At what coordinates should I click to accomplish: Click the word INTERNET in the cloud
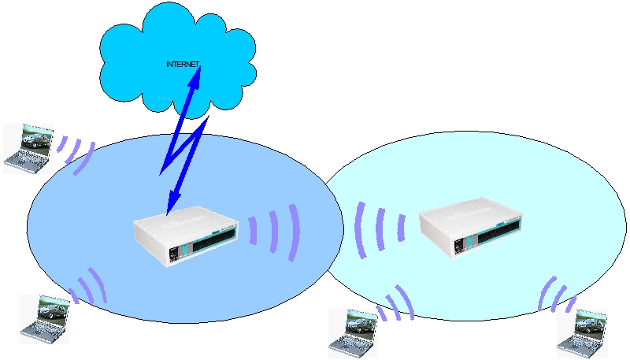click(x=183, y=63)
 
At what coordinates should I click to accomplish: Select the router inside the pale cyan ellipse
click(x=471, y=231)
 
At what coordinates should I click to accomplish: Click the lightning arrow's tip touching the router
click(x=169, y=209)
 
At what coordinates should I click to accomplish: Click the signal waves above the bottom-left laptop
click(x=88, y=287)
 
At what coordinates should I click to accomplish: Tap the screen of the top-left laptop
click(x=36, y=139)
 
